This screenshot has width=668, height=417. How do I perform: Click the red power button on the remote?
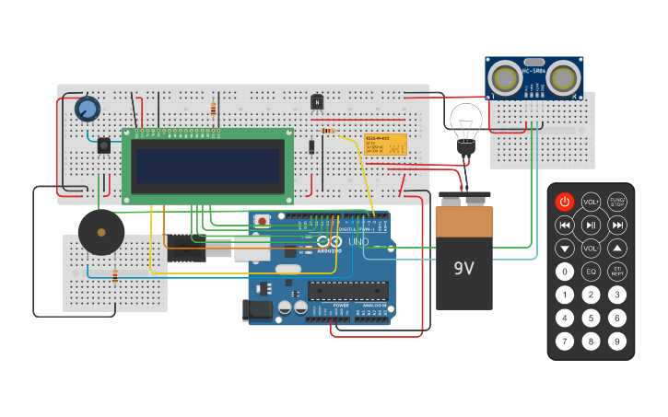coord(565,201)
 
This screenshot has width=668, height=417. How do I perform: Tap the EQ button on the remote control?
coord(591,272)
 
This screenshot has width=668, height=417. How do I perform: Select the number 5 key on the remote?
coord(591,318)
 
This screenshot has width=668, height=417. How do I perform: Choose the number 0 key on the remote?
coord(565,272)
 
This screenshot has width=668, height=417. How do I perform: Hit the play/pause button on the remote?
coord(591,225)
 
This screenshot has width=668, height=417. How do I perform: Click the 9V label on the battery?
coord(463,268)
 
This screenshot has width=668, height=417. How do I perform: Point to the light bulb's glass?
coord(466,119)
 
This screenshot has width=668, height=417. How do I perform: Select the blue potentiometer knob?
coord(88,109)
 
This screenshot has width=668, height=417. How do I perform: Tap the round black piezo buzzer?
coord(101,232)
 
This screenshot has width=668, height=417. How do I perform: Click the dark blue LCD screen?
coord(207,167)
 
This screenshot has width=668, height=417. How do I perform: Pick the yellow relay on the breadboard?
coord(385,145)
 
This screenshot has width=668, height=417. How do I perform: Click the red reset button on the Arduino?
coord(263,220)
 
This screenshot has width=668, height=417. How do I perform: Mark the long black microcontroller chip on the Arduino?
coord(347,291)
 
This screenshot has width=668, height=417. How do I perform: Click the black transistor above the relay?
coord(318,102)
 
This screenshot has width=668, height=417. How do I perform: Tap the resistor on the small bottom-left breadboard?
coord(115,275)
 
